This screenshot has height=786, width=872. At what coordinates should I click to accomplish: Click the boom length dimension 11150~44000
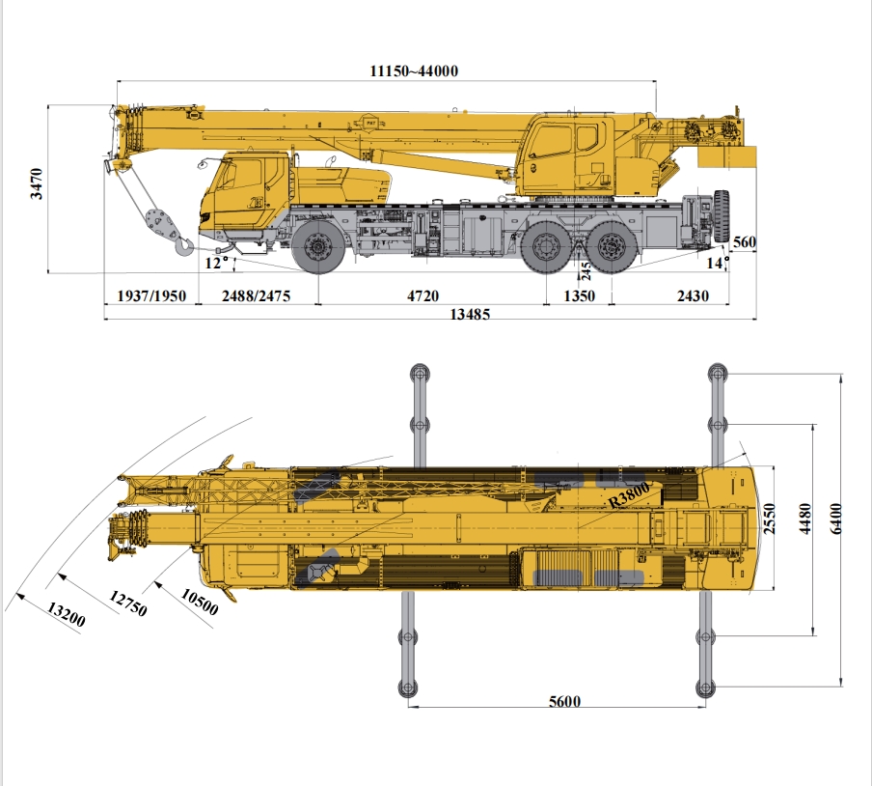click(414, 71)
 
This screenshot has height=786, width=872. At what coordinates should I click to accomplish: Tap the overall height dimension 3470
click(36, 183)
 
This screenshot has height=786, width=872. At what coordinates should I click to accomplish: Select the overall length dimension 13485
click(470, 315)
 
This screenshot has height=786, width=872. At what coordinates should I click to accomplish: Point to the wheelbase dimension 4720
click(422, 296)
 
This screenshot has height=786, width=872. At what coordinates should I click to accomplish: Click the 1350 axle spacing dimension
click(580, 296)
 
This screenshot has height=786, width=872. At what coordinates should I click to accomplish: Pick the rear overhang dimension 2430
click(693, 296)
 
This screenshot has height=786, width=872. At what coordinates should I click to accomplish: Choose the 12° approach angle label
click(217, 263)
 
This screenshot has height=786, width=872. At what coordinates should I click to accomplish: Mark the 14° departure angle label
click(718, 263)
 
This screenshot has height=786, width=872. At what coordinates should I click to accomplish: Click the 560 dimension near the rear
click(744, 242)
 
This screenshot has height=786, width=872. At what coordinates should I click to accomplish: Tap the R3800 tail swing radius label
click(629, 494)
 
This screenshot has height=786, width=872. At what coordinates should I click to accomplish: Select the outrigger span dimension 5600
click(564, 701)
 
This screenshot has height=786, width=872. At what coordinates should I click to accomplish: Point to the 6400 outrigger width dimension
click(836, 519)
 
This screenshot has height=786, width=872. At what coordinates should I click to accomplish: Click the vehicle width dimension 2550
click(769, 519)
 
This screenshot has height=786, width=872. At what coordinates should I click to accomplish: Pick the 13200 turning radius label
click(67, 614)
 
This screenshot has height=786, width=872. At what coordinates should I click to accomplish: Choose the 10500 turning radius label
click(199, 603)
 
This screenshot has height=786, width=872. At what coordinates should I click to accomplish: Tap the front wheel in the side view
click(318, 245)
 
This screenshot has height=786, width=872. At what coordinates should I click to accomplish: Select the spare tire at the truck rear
click(722, 216)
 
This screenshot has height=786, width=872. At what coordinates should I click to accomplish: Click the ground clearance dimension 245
click(586, 271)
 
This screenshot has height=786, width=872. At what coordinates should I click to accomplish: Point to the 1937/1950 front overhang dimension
click(151, 296)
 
